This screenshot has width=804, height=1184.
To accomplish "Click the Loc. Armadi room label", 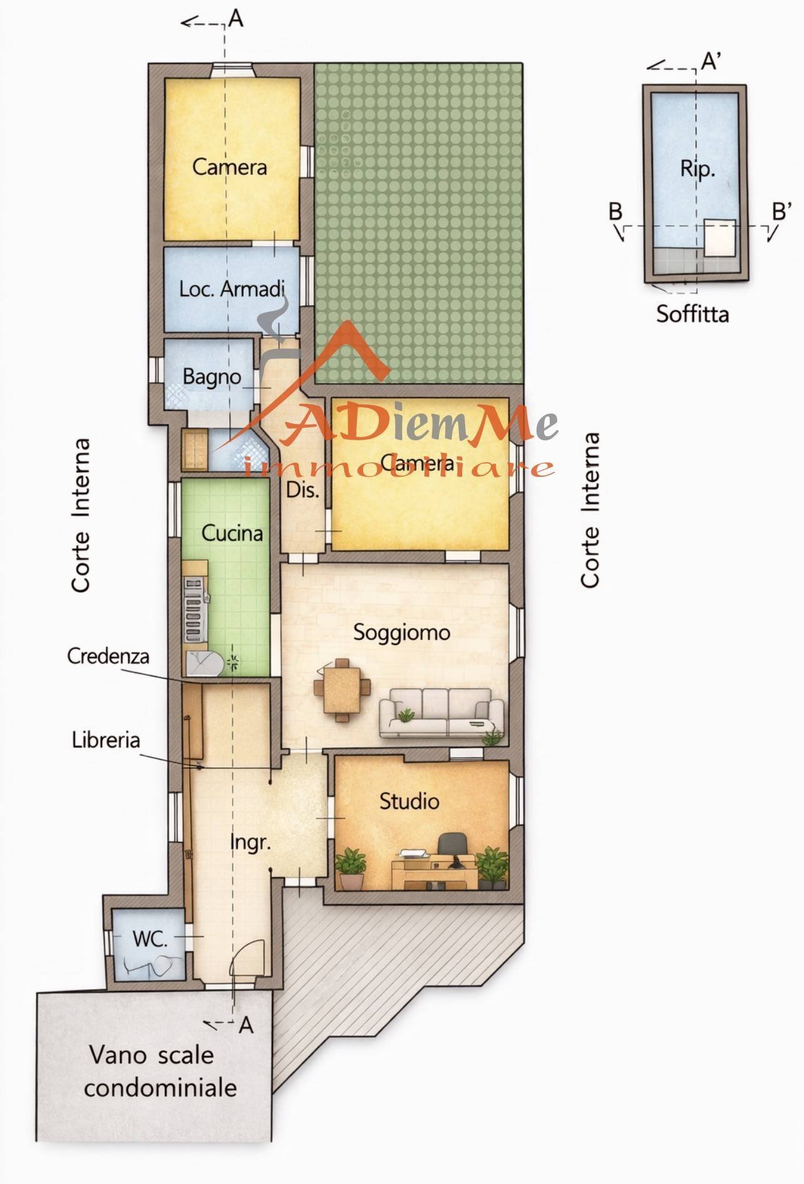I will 231,289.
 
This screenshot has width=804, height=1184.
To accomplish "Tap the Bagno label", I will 212,377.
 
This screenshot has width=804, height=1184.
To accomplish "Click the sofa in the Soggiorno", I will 441,713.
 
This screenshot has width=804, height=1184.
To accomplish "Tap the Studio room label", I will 410,801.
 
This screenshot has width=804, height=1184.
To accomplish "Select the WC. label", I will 150,939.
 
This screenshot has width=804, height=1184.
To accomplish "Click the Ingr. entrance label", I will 250,843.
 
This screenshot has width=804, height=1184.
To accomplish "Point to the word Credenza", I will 108,657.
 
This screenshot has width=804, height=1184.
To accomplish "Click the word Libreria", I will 105,740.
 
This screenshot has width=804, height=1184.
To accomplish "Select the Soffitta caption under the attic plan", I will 693,313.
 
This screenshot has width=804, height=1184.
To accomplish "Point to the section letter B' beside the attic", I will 781,212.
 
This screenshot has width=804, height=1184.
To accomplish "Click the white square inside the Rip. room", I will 719,237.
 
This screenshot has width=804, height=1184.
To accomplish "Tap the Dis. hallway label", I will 302,491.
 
